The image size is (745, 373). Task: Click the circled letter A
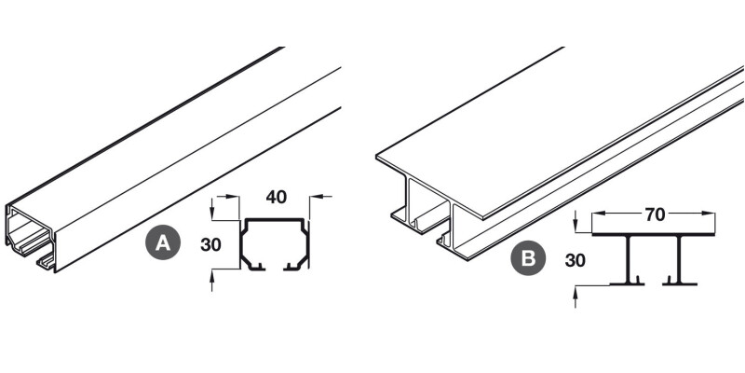coord(162,243)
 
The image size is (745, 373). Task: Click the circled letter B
coord(528,259)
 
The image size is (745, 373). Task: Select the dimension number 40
coord(275,197)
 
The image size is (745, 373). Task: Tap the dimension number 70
coord(654,214)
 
